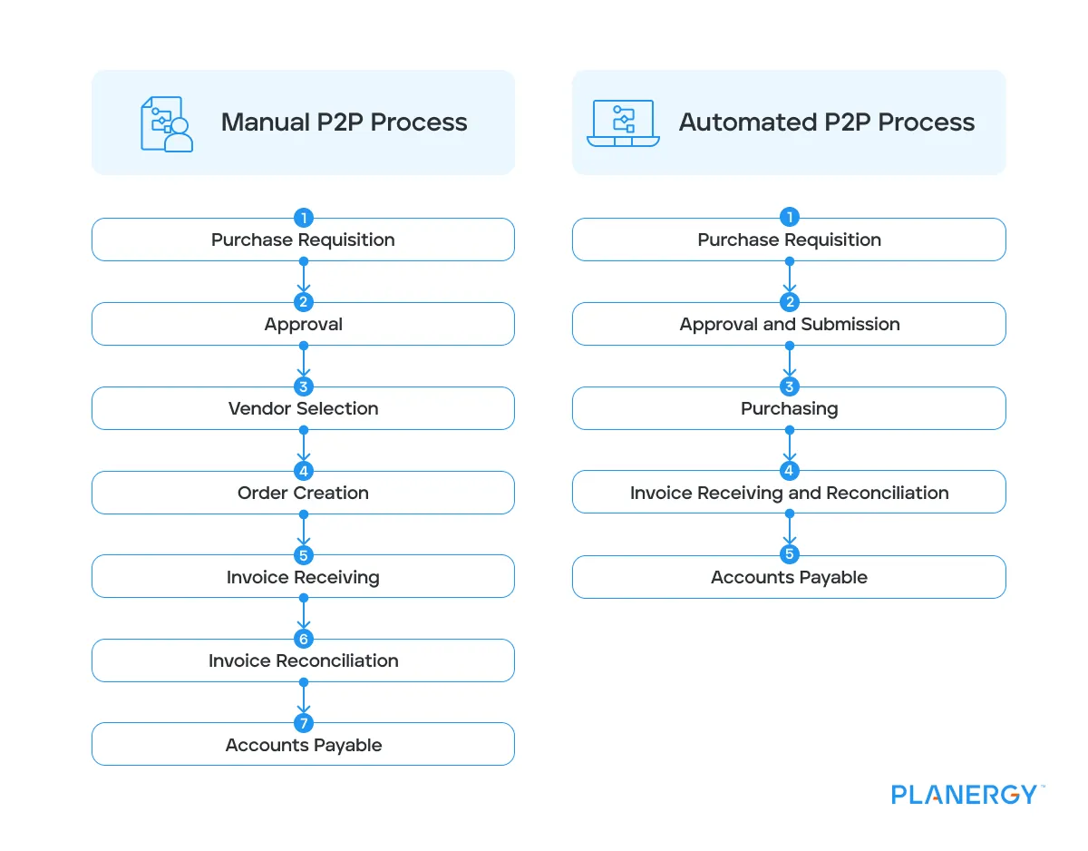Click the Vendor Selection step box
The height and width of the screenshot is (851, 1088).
click(303, 409)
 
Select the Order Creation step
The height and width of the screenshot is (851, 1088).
click(303, 494)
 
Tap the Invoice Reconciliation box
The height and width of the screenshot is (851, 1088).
click(303, 661)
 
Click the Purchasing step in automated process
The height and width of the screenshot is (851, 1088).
click(789, 409)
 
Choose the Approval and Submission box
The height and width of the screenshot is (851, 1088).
click(789, 325)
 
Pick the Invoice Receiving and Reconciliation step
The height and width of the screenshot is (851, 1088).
click(789, 494)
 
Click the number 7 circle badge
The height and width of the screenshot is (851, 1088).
click(304, 723)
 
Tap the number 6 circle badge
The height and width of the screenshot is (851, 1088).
click(304, 640)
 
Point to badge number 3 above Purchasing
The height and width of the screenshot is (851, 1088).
click(790, 386)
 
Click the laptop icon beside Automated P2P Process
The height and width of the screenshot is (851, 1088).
click(623, 122)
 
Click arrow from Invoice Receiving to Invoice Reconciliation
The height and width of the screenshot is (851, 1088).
click(304, 614)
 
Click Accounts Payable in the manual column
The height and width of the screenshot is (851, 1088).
click(303, 746)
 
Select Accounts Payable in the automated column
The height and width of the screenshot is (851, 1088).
click(789, 578)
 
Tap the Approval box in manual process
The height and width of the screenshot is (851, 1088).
click(303, 325)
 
